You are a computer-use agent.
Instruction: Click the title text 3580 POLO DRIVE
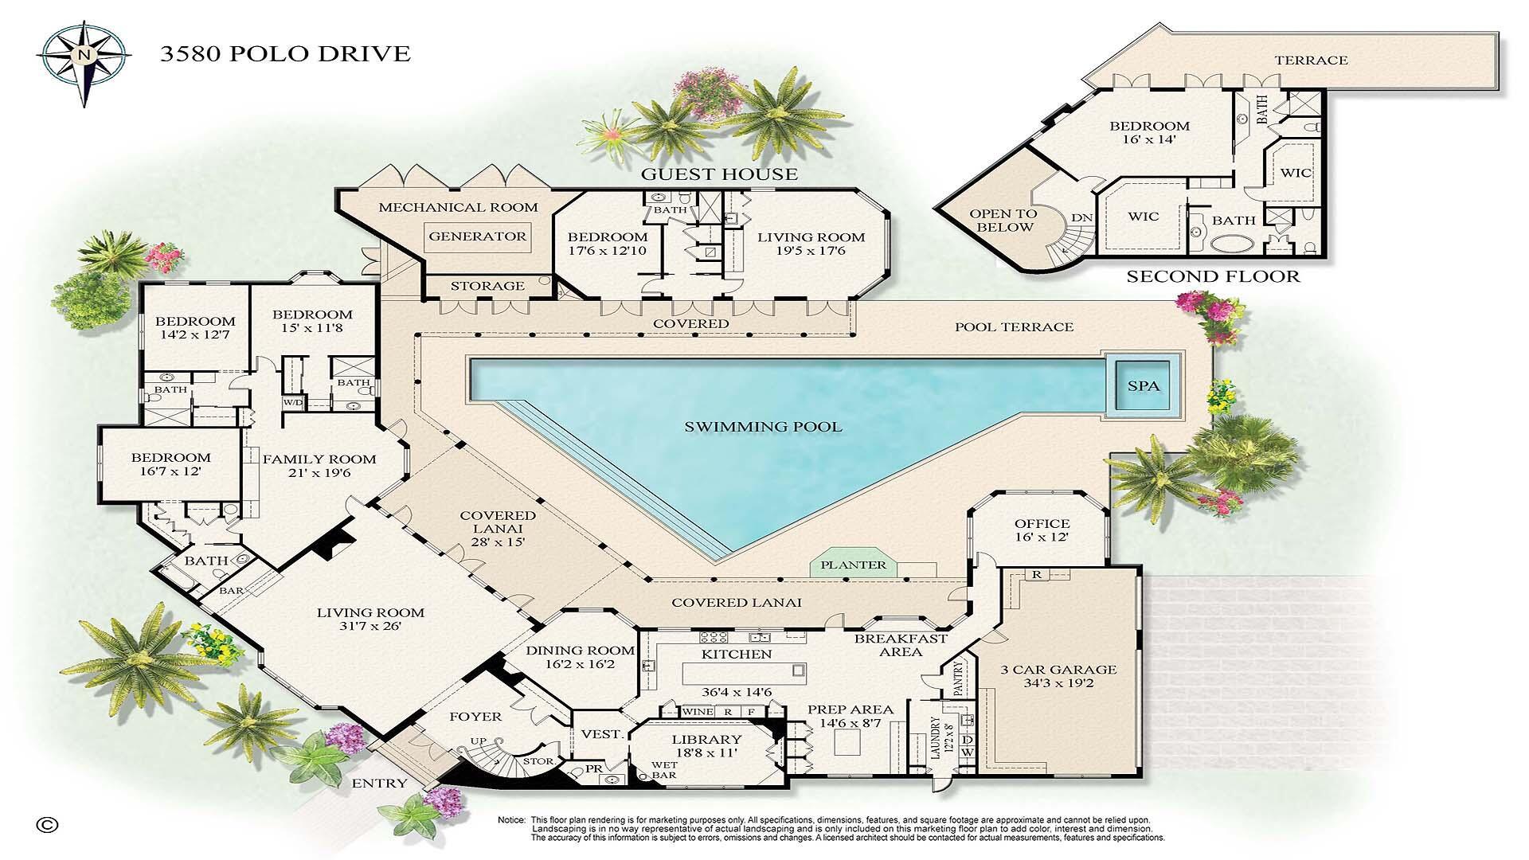click(285, 54)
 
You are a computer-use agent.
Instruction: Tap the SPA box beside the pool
click(1143, 386)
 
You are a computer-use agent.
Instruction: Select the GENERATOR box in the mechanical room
click(477, 236)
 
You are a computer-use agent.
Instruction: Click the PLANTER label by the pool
click(853, 565)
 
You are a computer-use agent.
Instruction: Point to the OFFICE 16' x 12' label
click(1042, 530)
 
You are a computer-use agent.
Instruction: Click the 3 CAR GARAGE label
click(1058, 676)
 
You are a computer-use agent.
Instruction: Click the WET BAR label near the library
click(664, 769)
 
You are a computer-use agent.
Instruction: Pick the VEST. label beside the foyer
click(601, 734)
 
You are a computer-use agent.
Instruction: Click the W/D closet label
click(292, 402)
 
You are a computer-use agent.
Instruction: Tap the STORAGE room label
click(487, 286)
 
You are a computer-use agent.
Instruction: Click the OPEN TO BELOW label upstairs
click(1003, 221)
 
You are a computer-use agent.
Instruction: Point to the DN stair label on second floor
click(1081, 217)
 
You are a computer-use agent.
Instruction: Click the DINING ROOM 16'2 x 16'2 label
click(581, 657)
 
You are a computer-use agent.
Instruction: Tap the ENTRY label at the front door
click(379, 784)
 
